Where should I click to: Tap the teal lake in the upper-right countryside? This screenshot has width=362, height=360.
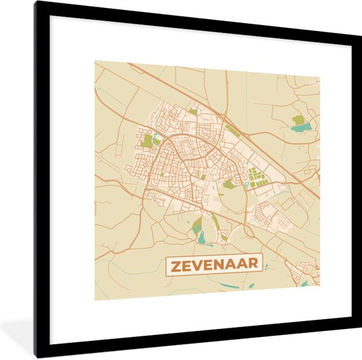[300, 128]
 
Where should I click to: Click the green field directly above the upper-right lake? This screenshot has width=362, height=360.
[299, 120]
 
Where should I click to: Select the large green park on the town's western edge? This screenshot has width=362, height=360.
[147, 140]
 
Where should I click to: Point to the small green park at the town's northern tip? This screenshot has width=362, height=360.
[193, 112]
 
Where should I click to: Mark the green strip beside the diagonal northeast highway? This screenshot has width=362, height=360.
[231, 129]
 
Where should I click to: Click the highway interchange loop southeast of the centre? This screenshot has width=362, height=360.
[249, 230]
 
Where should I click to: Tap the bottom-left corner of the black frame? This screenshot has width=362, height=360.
[38, 356]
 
